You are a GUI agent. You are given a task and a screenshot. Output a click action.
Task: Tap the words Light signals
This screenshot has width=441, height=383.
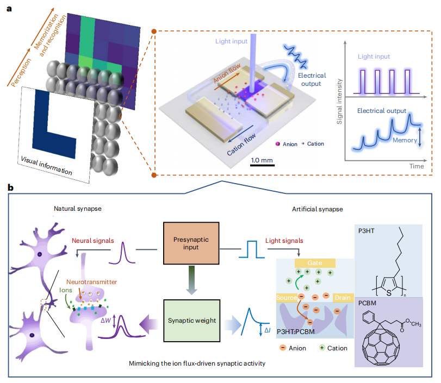tap(284, 240)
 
